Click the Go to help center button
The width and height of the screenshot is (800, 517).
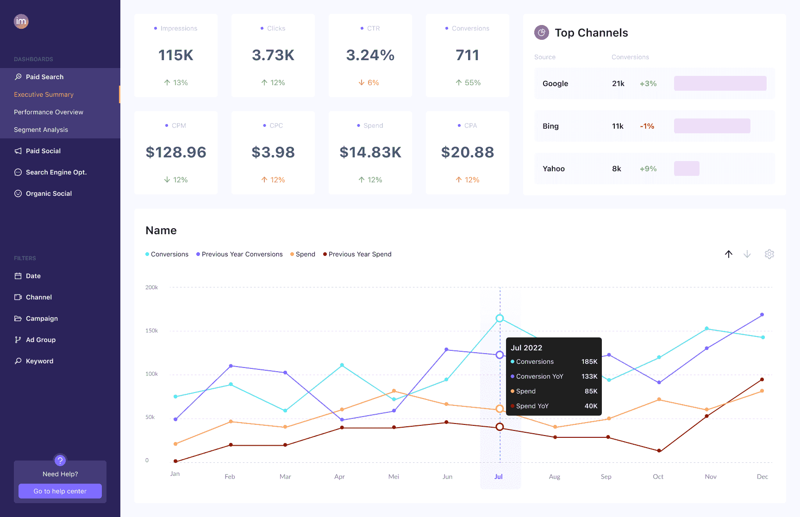(x=60, y=491)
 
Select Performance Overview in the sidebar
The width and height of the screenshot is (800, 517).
(x=49, y=112)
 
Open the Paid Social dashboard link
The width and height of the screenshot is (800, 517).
(x=43, y=151)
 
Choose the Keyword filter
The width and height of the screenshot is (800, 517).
(x=39, y=361)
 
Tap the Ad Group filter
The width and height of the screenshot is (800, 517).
(x=41, y=340)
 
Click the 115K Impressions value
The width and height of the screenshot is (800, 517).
(x=176, y=55)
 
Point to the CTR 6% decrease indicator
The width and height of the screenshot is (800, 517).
(x=369, y=82)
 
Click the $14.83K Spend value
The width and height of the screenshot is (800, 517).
(x=370, y=152)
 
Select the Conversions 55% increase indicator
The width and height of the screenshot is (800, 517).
(x=468, y=82)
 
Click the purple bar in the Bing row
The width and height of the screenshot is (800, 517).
(x=712, y=126)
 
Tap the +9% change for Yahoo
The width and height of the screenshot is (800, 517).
(x=648, y=168)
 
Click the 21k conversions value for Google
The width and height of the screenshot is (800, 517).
(x=618, y=83)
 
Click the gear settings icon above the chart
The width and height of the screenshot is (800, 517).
(x=769, y=254)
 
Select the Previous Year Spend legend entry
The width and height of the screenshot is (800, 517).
(x=360, y=254)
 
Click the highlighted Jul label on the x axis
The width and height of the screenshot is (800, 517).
(x=499, y=476)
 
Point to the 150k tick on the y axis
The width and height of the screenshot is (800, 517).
(x=152, y=330)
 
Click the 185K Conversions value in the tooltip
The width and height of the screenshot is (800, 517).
(x=589, y=361)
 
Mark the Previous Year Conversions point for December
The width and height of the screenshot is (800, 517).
(x=762, y=315)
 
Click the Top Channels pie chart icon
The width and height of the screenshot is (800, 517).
(x=542, y=32)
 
